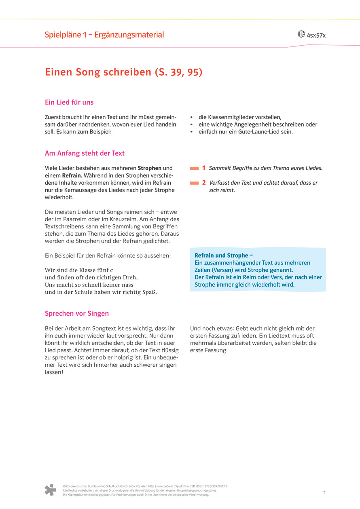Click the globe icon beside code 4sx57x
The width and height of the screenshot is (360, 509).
tap(301, 34)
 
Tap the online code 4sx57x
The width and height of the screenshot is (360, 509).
tap(316, 35)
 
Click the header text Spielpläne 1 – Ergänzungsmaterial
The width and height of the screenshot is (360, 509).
tap(104, 35)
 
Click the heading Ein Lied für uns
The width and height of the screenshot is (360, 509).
tap(69, 102)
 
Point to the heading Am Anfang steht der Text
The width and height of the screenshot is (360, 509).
tap(85, 153)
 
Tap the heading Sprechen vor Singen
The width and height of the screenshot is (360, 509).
tap(77, 313)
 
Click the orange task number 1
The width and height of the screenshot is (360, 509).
tap(204, 168)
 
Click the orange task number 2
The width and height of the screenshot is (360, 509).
tap(204, 183)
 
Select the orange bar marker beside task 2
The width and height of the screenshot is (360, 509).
tap(194, 183)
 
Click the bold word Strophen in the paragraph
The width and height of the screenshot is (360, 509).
tap(150, 168)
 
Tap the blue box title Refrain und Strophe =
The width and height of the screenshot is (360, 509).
tap(223, 256)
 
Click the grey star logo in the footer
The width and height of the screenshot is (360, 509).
tap(50, 490)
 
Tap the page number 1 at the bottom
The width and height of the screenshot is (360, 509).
tap(324, 492)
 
